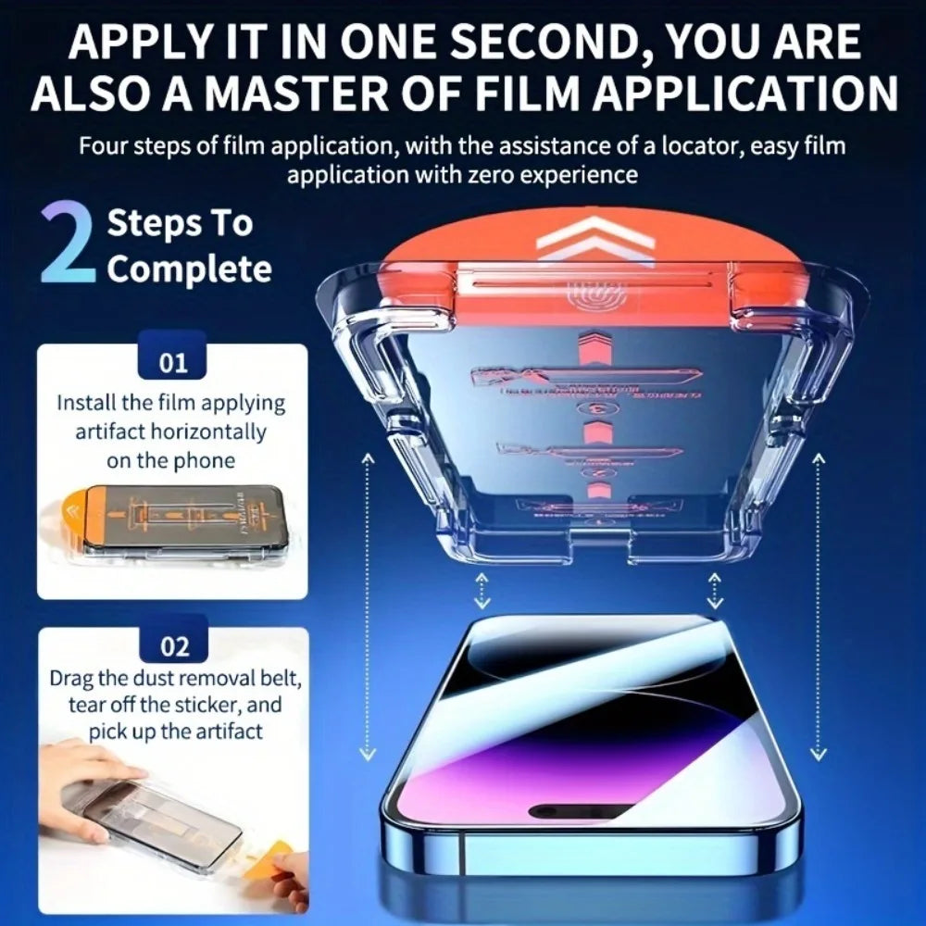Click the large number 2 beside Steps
click(x=67, y=246)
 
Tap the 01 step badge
click(x=173, y=362)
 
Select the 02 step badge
click(x=173, y=645)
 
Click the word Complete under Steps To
click(x=189, y=269)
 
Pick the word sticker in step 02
click(x=194, y=704)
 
